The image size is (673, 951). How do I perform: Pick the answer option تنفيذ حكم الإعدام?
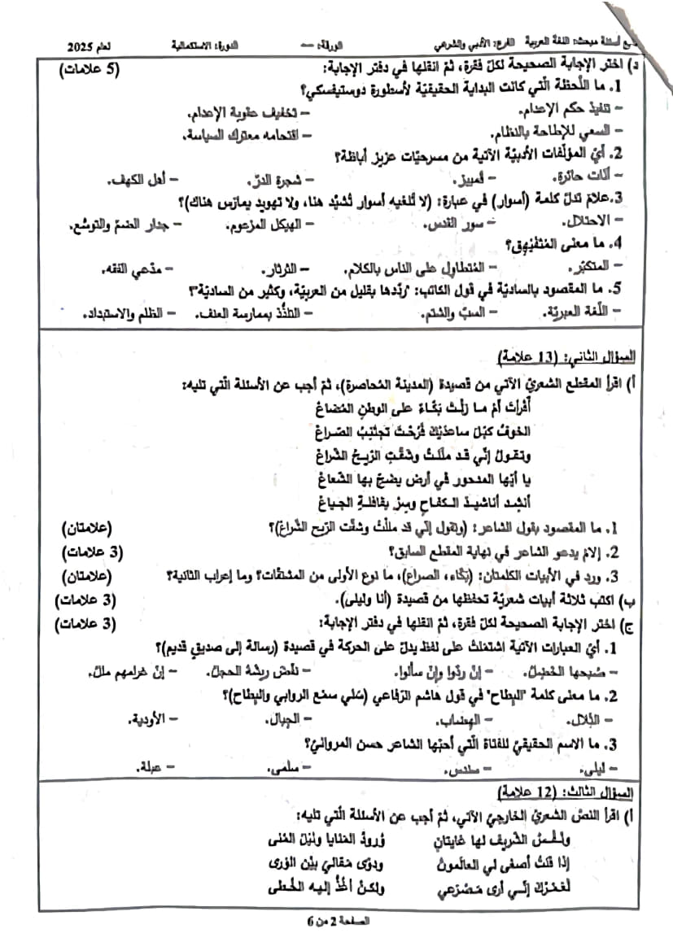pos(578,108)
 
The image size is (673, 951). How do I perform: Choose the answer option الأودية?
pos(146,719)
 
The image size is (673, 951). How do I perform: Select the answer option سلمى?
pos(285,766)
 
